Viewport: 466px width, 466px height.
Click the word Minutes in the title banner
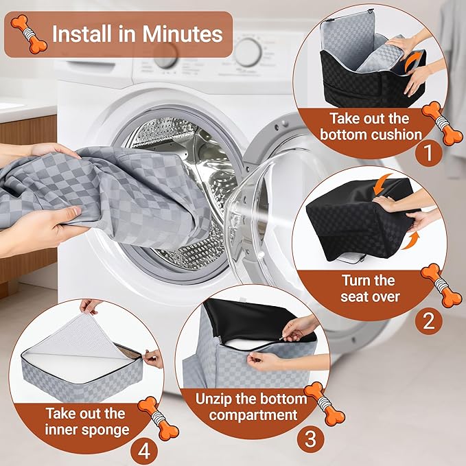coord(182,34)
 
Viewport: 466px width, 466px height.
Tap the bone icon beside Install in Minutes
coord(29,34)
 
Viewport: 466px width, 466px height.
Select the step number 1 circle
coord(428,153)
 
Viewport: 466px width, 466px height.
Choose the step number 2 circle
coord(428,321)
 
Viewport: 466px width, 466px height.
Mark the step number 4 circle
coord(144,452)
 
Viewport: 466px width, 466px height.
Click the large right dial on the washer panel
coord(248,53)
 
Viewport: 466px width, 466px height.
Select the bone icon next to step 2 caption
coord(437,286)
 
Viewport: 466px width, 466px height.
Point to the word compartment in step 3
coord(253,415)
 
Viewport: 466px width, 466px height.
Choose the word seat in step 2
coord(353,296)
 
